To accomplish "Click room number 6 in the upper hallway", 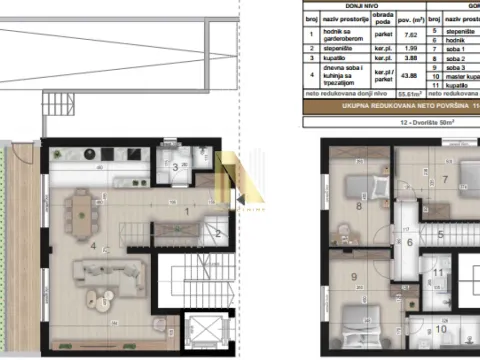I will tap(409, 242).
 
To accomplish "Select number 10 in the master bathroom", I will tap(441, 327).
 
